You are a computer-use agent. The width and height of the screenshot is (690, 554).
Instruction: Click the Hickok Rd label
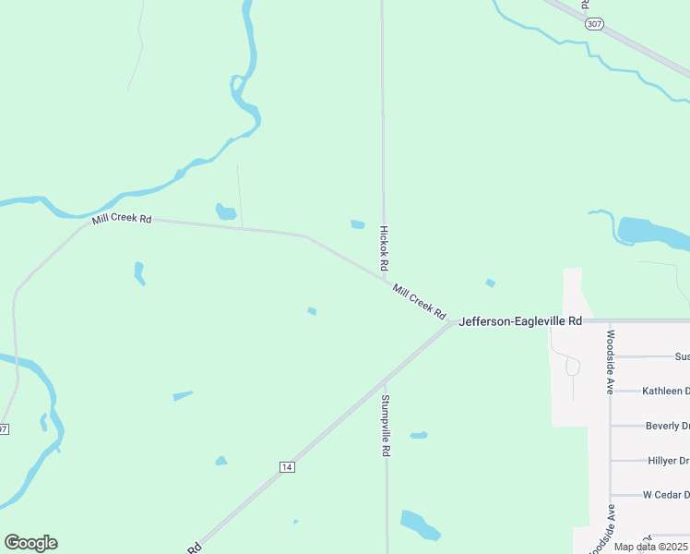384,249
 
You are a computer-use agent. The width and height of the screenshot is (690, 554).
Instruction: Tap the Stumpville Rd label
387,427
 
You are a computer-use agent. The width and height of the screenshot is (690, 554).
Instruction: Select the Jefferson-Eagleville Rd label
520,320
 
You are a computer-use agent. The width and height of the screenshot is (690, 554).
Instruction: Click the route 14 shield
288,467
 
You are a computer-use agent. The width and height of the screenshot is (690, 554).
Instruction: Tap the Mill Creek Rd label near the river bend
121,219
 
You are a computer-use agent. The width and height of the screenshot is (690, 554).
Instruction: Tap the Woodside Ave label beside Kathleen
610,361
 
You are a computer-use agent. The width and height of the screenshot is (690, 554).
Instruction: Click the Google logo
30,543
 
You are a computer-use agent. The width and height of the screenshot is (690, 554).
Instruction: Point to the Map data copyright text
651,547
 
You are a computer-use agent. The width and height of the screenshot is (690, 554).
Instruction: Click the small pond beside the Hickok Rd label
358,224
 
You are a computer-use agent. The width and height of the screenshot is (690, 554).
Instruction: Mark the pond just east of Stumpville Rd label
419,435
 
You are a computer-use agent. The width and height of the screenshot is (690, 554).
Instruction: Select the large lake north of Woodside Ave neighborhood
649,232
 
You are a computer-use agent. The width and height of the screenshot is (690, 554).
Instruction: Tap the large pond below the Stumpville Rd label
420,524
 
